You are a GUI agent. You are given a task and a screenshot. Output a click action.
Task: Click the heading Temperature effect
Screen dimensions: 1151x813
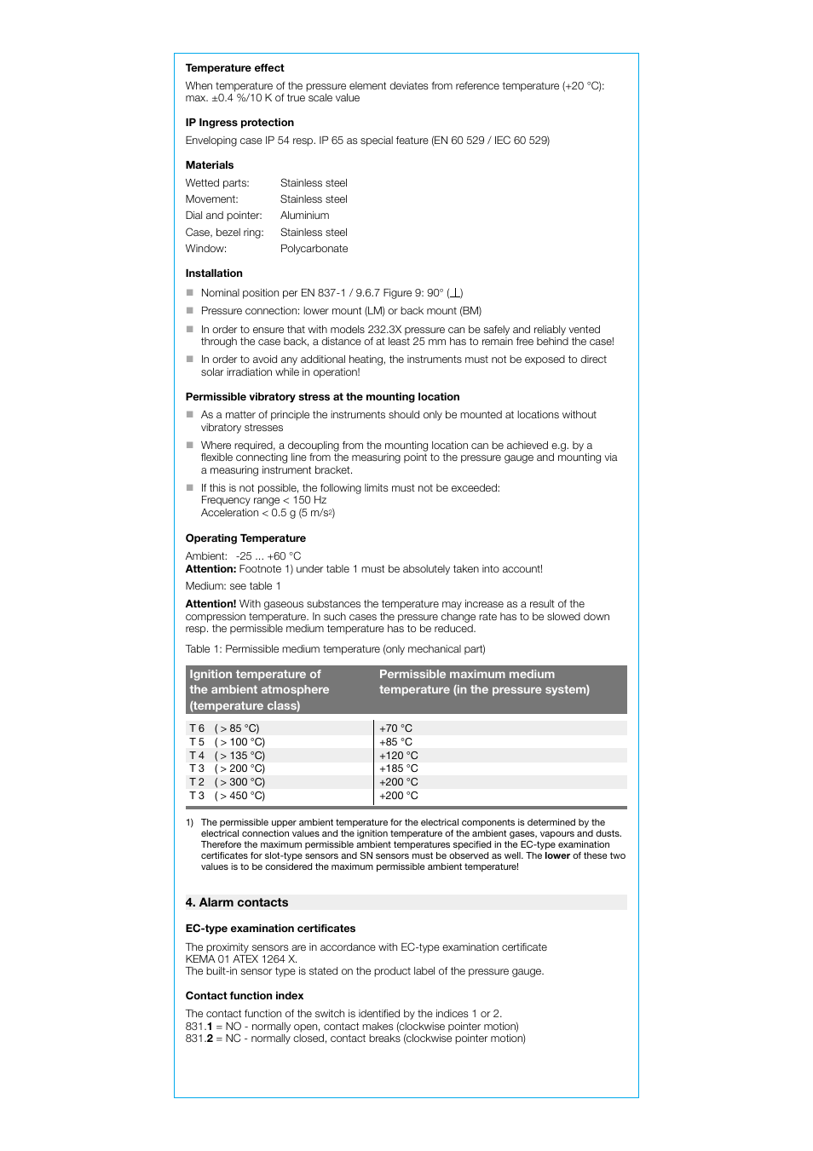[x=234, y=68]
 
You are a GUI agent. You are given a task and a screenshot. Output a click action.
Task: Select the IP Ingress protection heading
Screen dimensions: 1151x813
[x=239, y=123]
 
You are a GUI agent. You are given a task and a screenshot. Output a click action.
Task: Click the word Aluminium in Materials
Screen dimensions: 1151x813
[x=304, y=216]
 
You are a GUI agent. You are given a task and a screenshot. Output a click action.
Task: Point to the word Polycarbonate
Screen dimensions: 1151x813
[x=314, y=249]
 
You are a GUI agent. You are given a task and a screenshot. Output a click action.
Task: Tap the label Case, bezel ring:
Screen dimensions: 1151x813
[x=224, y=233]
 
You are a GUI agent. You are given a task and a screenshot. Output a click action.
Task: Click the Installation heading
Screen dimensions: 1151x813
[x=214, y=273]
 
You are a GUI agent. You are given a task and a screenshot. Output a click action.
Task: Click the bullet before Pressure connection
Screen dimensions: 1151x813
[x=190, y=311]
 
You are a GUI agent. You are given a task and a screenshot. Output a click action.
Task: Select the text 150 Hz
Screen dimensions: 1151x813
[x=309, y=500]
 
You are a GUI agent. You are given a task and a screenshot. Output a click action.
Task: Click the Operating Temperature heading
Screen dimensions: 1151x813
[x=245, y=538]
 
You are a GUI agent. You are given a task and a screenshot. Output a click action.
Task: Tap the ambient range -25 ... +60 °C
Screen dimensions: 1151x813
[x=268, y=556]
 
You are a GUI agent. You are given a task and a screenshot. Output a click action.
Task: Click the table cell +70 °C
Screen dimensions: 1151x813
[x=395, y=728]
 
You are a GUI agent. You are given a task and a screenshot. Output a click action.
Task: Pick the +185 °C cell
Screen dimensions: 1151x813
[x=398, y=768]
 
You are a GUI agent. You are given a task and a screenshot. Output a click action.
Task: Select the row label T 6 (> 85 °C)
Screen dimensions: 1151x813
[x=224, y=728]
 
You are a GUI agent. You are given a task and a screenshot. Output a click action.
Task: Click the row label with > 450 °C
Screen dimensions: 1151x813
[x=227, y=796]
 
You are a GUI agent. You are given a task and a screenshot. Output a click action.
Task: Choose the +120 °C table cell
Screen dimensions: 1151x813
[x=398, y=756]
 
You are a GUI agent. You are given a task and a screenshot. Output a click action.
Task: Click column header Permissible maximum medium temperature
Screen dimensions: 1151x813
[x=483, y=682]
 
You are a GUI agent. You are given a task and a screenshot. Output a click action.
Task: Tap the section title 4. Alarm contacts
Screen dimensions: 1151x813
[x=237, y=902]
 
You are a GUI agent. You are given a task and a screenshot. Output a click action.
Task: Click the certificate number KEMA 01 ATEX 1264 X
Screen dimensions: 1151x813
[x=241, y=959]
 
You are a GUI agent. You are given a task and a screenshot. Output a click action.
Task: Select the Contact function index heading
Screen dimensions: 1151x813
[x=245, y=996]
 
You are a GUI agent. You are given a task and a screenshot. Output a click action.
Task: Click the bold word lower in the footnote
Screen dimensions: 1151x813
[x=557, y=856]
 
